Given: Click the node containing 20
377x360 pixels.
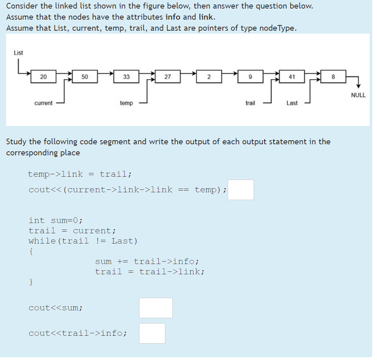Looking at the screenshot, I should pos(43,77).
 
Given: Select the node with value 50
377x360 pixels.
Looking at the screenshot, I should pos(85,77).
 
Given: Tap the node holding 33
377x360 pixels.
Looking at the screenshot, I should pos(126,77).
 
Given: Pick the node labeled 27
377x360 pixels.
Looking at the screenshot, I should pos(167,77).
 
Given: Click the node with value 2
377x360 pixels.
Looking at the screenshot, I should pos(209,77).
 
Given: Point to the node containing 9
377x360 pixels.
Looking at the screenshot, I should pos(250,77).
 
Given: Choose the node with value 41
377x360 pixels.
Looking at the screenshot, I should pos(292,77).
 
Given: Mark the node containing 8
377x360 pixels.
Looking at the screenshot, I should pos(333,77).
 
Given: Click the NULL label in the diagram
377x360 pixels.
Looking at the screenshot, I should pos(358,95).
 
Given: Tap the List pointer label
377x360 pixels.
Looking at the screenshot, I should pos(18,53).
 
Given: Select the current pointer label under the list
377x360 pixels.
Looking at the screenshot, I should pos(43,103).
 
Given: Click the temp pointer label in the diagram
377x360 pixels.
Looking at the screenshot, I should pos(126,103).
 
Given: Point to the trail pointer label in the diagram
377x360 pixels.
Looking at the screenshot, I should pos(250,103).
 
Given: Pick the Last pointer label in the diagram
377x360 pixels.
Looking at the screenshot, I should pos(292,103).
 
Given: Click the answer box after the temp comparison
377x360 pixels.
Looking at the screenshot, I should pos(241,190).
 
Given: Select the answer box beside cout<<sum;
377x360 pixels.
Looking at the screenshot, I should pos(156,308).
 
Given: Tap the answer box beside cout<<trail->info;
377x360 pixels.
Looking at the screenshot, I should pos(152,333).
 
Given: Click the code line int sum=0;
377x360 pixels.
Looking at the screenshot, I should pos(56,221).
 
